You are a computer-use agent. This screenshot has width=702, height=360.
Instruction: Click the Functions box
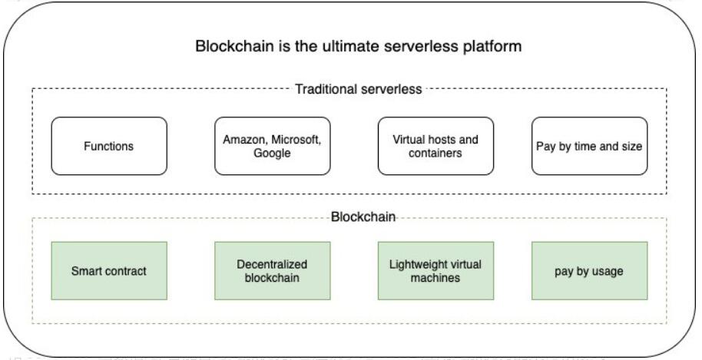pos(109,147)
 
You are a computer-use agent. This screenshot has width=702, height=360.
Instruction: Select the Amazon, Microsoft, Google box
pos(272,147)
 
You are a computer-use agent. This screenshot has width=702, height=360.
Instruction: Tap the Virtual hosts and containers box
pos(435,147)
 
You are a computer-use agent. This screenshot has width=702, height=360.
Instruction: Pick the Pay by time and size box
pos(589,147)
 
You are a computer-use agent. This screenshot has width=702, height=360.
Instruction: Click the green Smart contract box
pos(109,271)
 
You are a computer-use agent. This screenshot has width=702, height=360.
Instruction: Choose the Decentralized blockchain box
pos(272,271)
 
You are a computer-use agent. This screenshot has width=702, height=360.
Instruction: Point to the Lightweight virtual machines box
pos(435,271)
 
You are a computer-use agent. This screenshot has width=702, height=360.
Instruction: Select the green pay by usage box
pos(589,271)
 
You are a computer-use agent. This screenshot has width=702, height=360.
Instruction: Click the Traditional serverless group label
pos(359,89)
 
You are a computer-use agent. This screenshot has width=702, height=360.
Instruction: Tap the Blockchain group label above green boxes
pos(363,217)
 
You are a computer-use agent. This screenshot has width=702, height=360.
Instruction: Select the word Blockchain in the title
pos(234,46)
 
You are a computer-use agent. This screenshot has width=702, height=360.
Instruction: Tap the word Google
pos(272,153)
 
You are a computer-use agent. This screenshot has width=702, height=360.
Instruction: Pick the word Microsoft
pos(296,140)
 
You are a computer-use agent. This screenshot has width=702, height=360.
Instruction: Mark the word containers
pos(435,153)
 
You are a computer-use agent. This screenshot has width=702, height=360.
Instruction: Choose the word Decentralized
pos(272,264)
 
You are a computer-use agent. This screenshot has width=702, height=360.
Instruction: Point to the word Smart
pos(86,271)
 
